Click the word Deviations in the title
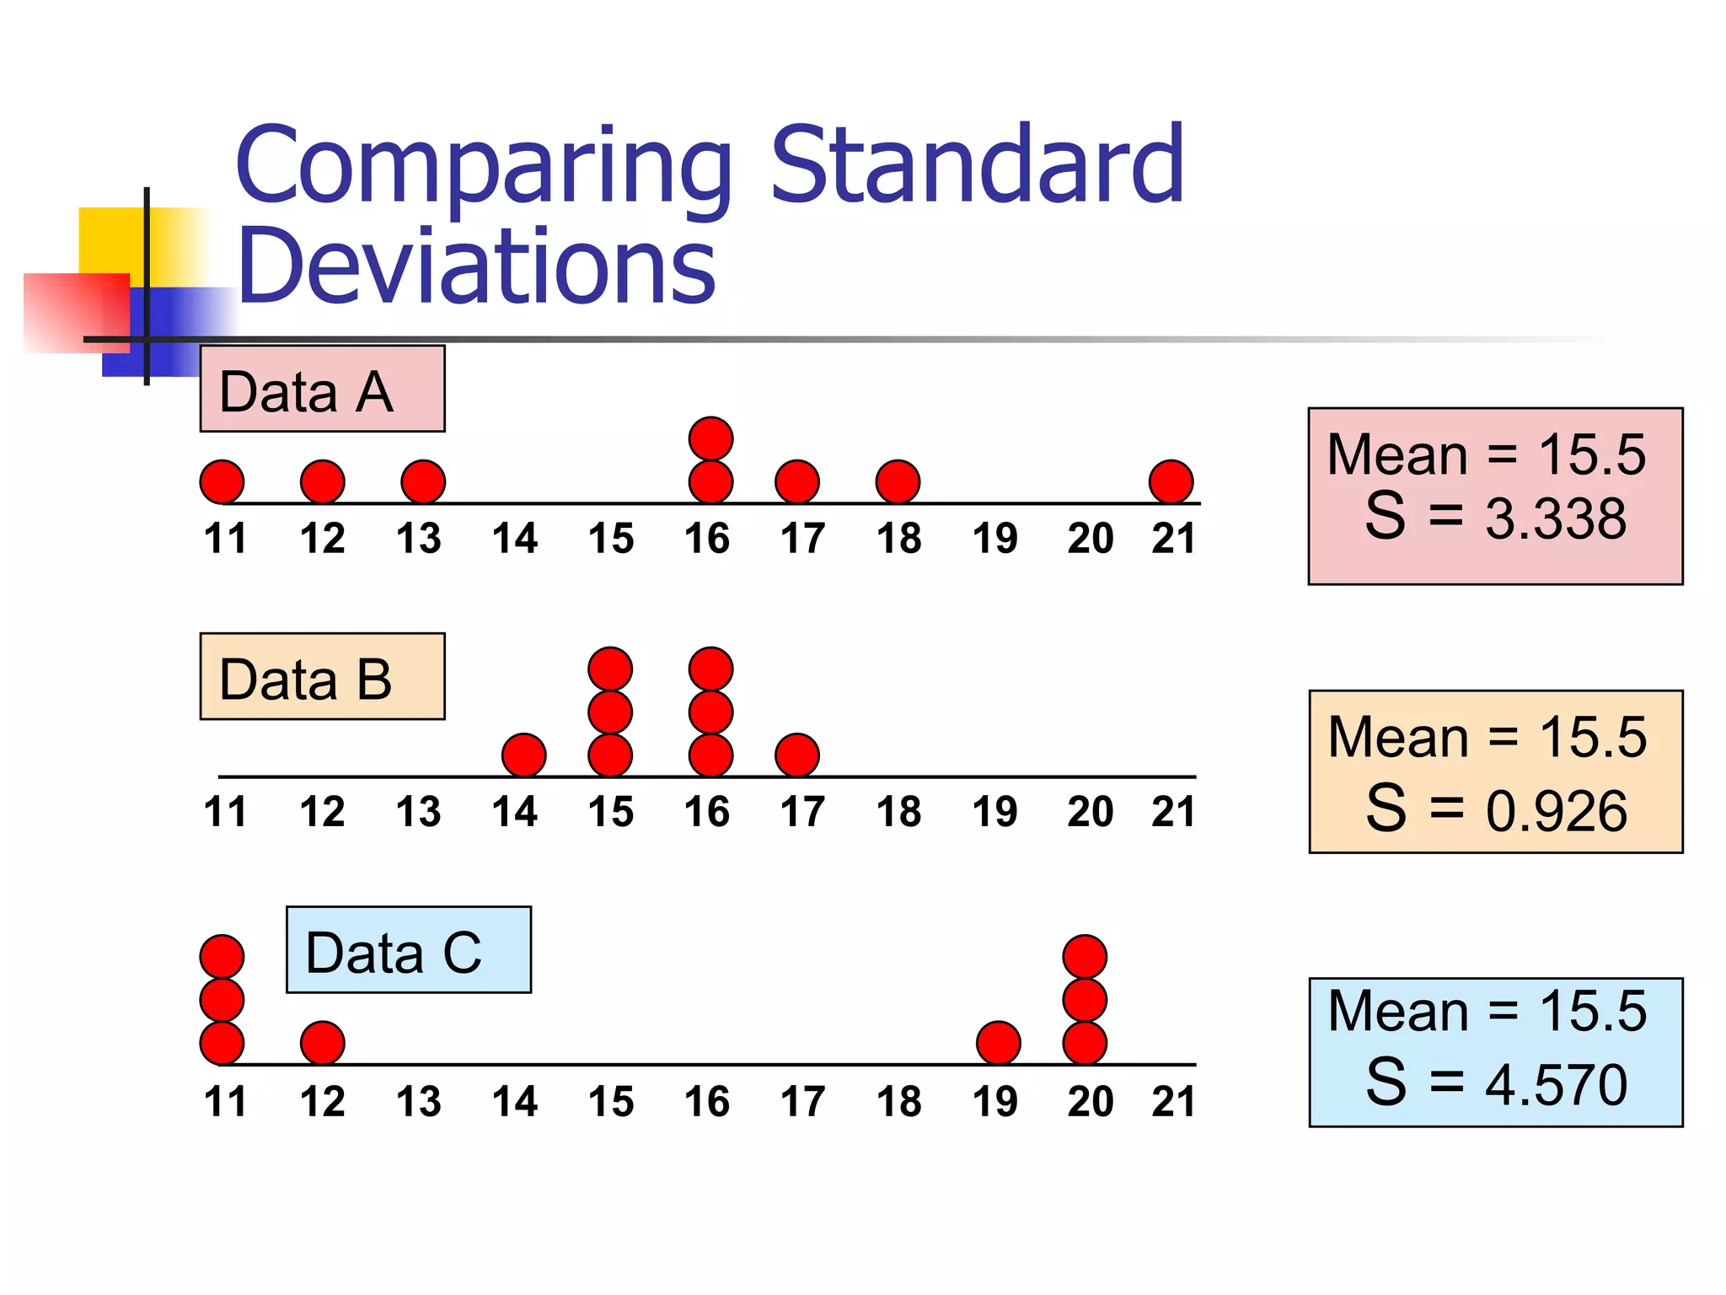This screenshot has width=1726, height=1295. pyautogui.click(x=476, y=265)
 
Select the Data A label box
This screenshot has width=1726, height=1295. pyautogui.click(x=322, y=390)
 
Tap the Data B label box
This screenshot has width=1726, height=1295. pyautogui.click(x=322, y=677)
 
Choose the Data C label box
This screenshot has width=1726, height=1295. pyautogui.click(x=409, y=950)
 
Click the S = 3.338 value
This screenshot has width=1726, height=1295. pyautogui.click(x=1495, y=517)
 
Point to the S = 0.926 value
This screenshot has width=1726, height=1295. pyautogui.click(x=1496, y=809)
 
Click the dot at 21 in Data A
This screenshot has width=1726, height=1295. pyautogui.click(x=1171, y=482)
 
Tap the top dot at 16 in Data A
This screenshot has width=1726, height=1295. pyautogui.click(x=710, y=438)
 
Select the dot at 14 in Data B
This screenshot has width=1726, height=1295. pyautogui.click(x=523, y=755)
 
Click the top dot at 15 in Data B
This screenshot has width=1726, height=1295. pyautogui.click(x=610, y=669)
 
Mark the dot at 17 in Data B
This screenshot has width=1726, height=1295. pyautogui.click(x=796, y=755)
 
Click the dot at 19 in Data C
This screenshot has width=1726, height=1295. pyautogui.click(x=998, y=1043)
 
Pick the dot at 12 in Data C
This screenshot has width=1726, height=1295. pyautogui.click(x=322, y=1043)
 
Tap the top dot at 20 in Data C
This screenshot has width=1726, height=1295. pyautogui.click(x=1085, y=957)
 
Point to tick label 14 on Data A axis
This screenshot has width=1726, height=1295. pyautogui.click(x=515, y=539)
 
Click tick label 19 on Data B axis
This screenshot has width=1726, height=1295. pyautogui.click(x=994, y=812)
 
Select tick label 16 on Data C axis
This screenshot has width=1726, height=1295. pyautogui.click(x=707, y=1102)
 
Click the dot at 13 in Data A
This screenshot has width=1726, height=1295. pyautogui.click(x=422, y=482)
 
